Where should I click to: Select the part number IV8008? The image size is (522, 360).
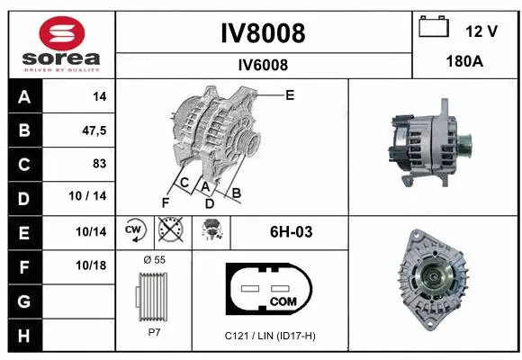tap(263, 33)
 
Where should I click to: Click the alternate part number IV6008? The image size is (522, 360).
tap(263, 64)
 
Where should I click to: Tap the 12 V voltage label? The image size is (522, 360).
tap(481, 31)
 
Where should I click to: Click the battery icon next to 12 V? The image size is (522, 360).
tap(434, 29)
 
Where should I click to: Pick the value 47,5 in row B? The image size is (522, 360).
tap(94, 130)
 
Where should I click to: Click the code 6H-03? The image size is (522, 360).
tap(291, 232)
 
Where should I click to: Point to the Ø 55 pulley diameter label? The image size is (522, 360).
tap(154, 260)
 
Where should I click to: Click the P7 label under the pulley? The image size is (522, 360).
tap(154, 331)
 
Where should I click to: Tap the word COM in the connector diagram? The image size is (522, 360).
tap(283, 301)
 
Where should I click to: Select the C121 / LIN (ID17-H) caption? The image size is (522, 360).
tap(271, 336)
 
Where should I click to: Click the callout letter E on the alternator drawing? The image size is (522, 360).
tap(290, 94)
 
